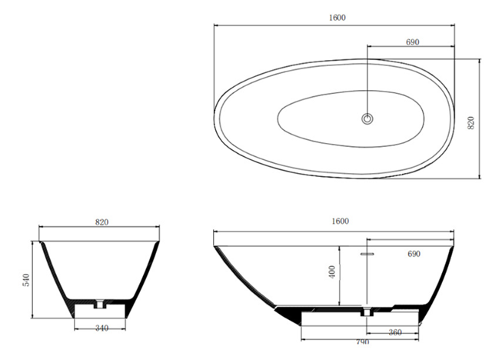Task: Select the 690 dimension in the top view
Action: [x=412, y=42]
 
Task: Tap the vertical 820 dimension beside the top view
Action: [x=470, y=122]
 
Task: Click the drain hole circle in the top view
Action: [x=367, y=118]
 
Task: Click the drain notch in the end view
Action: [x=98, y=304]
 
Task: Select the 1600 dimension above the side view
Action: [x=341, y=221]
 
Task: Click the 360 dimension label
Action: [x=394, y=333]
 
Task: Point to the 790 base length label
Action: [x=361, y=342]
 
